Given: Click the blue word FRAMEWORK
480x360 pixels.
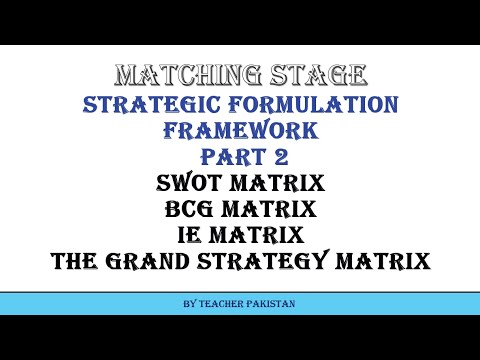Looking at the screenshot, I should pyautogui.click(x=240, y=131).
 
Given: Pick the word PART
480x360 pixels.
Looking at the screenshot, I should pyautogui.click(x=226, y=158).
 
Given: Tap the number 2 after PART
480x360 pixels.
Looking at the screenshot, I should pyautogui.click(x=276, y=158).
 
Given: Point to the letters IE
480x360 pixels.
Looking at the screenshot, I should pyautogui.click(x=191, y=236).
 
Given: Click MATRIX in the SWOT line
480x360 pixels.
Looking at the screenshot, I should pyautogui.click(x=282, y=184).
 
